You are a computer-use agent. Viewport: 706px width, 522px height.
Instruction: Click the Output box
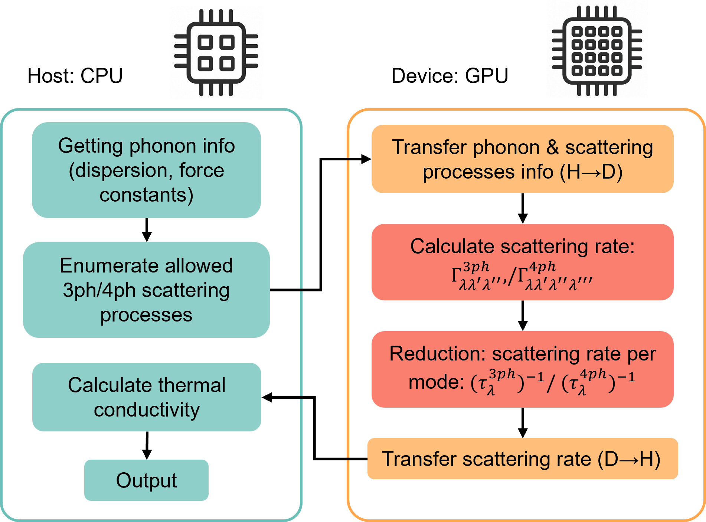(x=146, y=480)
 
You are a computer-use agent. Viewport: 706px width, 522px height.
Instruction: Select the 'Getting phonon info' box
(x=146, y=170)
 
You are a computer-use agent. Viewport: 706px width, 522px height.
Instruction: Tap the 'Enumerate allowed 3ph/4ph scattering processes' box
(x=146, y=290)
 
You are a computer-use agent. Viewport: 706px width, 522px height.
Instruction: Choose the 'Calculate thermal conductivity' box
(x=146, y=397)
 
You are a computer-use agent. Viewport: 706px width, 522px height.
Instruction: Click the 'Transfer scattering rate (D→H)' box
(x=522, y=459)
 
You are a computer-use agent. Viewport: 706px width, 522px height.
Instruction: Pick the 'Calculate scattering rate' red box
(x=522, y=262)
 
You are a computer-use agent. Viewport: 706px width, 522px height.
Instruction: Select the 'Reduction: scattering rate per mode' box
(x=522, y=369)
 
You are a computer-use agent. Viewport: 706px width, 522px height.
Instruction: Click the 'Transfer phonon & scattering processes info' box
(x=522, y=159)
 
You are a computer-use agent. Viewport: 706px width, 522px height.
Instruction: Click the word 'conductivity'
(x=147, y=410)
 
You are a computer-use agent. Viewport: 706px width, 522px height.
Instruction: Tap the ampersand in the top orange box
(x=552, y=147)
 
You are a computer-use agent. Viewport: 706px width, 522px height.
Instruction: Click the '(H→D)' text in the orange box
(x=591, y=172)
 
